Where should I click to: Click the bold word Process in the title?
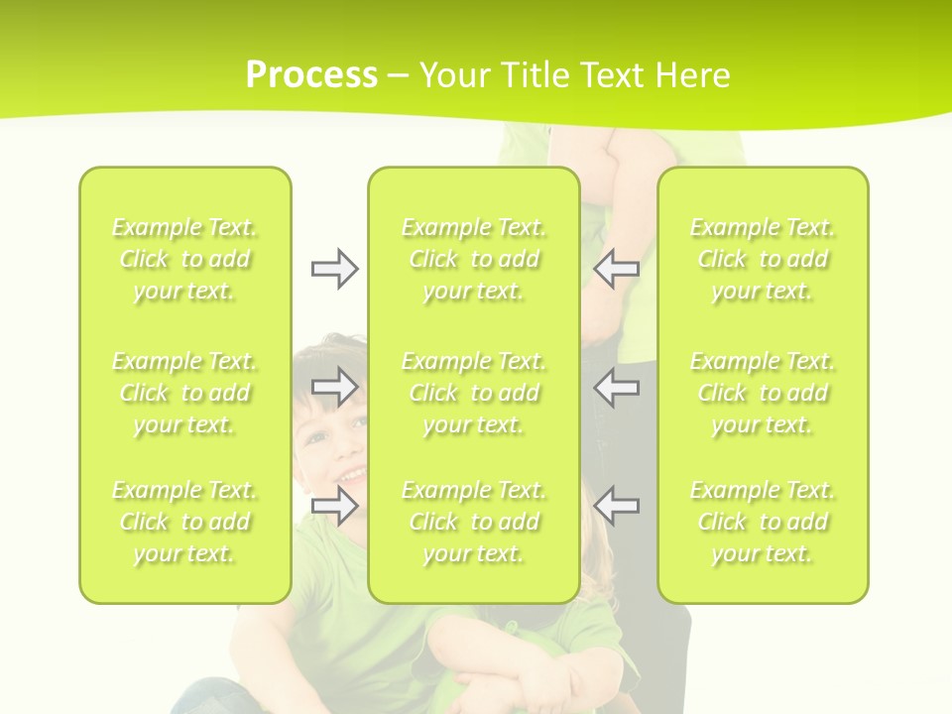click(x=311, y=75)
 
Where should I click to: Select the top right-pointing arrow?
click(x=334, y=269)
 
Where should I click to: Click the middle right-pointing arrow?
click(x=334, y=387)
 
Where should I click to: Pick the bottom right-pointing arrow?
click(x=334, y=506)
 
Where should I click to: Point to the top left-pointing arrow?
click(x=617, y=269)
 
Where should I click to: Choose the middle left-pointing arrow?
click(x=617, y=387)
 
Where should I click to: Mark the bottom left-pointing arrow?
click(x=617, y=506)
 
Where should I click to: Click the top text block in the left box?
click(x=184, y=259)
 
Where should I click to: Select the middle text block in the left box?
click(x=184, y=393)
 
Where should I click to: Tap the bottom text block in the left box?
click(x=184, y=522)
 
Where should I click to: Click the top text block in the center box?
click(x=474, y=259)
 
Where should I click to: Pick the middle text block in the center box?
click(x=474, y=393)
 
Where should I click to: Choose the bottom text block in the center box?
click(x=474, y=522)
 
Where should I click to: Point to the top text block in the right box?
click(x=763, y=259)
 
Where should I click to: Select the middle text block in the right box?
click(x=763, y=393)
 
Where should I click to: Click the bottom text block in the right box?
click(x=763, y=522)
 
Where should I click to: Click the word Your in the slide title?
click(x=455, y=75)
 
